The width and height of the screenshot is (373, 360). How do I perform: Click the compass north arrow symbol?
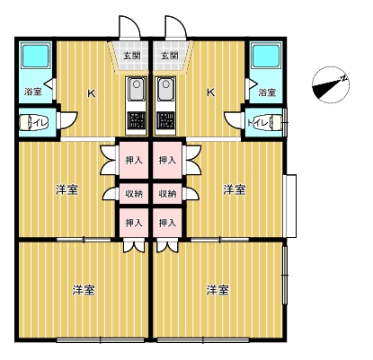pos(331,85)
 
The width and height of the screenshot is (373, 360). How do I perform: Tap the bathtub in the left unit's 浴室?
pos(36,56)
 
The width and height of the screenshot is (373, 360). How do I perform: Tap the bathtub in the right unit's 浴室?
pos(266,56)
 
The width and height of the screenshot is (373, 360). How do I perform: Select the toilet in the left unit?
pos(33,123)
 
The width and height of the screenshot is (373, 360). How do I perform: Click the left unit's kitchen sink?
pos(137,89)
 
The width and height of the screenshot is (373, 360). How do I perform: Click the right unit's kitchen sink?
pos(165,89)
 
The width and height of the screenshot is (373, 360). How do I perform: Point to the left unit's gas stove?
pos(137,120)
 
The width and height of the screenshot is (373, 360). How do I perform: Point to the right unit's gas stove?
pos(165,120)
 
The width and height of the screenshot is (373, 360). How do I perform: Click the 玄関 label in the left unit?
pos(132,56)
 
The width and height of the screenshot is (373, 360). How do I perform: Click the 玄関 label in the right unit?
pos(170,56)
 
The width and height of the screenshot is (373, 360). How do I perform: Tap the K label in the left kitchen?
pos(92,93)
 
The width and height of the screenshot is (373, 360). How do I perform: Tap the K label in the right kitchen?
pos(211,92)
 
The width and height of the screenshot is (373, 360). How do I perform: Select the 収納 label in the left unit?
pos(134,194)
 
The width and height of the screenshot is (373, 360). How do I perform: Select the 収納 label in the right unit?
pos(167,194)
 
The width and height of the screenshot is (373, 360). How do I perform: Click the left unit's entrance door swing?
pos(130,28)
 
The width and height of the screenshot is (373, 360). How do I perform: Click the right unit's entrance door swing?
pos(175,28)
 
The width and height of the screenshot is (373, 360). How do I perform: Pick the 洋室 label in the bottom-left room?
pos(84,290)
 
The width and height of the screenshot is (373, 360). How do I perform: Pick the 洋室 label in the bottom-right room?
pos(218,290)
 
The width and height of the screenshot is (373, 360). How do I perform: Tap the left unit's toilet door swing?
pos(67,120)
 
